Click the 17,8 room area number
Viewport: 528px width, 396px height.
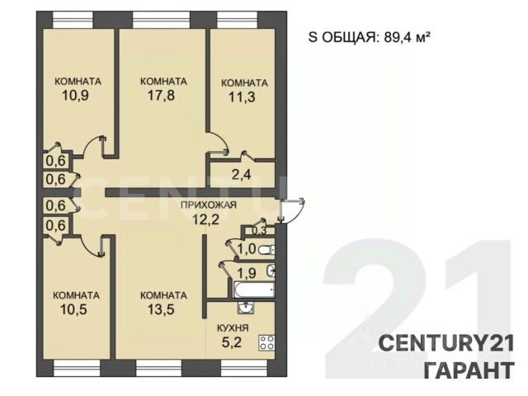[x=162, y=96]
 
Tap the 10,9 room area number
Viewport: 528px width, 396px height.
[x=75, y=96]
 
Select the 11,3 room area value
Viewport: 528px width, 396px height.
[x=242, y=97]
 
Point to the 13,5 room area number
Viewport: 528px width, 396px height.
[x=162, y=309]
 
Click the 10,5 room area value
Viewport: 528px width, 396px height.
[x=73, y=309]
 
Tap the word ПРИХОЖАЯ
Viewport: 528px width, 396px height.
[x=209, y=205]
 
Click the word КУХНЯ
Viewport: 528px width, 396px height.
[x=233, y=328]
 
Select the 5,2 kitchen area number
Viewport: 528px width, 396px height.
[x=232, y=342]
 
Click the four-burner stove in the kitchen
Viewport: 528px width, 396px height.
[x=266, y=343]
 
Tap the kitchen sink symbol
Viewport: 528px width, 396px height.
[x=247, y=308]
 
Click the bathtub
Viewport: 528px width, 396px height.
[x=254, y=290]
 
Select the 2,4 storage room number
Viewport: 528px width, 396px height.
[x=241, y=174]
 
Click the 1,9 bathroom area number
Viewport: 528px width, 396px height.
[x=247, y=273]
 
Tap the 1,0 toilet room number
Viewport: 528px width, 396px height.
[x=247, y=249]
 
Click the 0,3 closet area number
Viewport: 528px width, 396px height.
[x=259, y=231]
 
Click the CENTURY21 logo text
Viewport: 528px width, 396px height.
[x=446, y=344]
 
